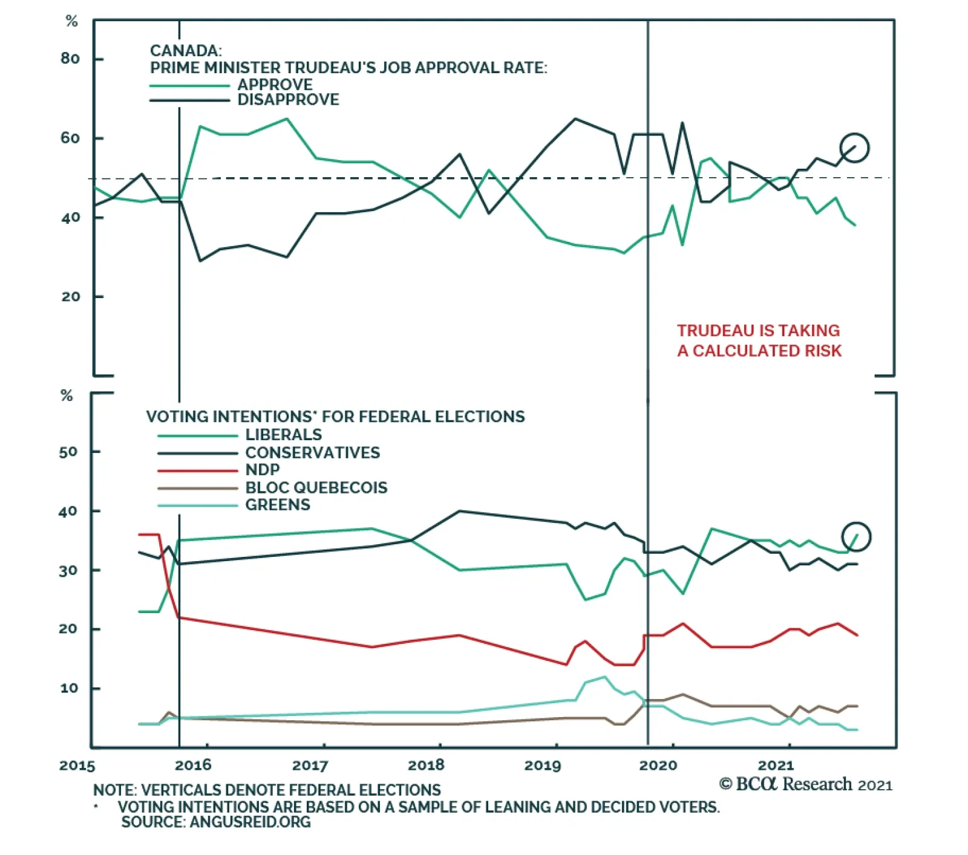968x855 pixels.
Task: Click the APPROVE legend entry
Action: coord(275,84)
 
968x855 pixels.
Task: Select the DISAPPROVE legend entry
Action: coord(288,100)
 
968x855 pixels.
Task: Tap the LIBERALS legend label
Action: coord(283,435)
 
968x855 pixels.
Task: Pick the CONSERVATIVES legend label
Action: coord(312,452)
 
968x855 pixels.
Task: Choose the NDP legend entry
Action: coord(262,470)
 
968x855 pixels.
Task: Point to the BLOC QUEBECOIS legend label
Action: coord(316,487)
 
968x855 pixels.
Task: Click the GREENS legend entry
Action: coord(277,505)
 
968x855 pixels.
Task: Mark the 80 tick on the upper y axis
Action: coord(70,59)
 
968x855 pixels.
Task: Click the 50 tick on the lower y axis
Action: coord(68,452)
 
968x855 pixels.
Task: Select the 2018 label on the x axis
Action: coord(426,766)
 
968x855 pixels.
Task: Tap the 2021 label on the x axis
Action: coord(776,766)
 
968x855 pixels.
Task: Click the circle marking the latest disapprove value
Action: coord(854,148)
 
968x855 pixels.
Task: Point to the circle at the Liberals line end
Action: coord(856,536)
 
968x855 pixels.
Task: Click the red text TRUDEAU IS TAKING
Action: coord(758,331)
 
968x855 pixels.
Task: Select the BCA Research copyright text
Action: coord(805,785)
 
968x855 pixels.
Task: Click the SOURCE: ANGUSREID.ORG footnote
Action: coord(216,822)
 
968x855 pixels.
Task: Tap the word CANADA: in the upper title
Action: coord(186,51)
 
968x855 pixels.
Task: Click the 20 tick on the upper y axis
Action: coord(70,297)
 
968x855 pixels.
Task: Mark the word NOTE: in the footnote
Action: coord(114,790)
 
